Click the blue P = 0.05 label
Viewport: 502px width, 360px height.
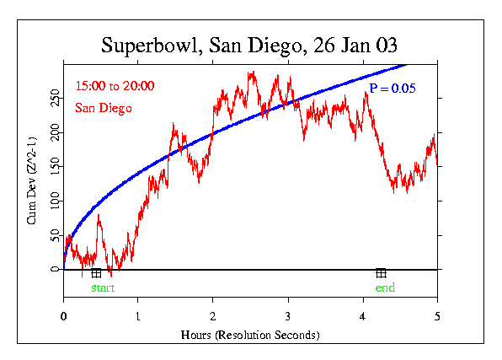pyautogui.click(x=393, y=88)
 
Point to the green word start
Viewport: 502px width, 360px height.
pyautogui.click(x=102, y=288)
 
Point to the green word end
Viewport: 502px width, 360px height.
pyautogui.click(x=384, y=288)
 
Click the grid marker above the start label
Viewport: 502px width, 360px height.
pyautogui.click(x=96, y=273)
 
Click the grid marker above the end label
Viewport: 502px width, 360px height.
pyautogui.click(x=381, y=273)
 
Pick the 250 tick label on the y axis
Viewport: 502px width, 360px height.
pyautogui.click(x=56, y=99)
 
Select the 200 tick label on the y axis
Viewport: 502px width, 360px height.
pyautogui.click(x=56, y=133)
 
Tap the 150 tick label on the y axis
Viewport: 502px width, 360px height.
pyautogui.click(x=56, y=167)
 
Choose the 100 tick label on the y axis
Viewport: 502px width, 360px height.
pyautogui.click(x=56, y=201)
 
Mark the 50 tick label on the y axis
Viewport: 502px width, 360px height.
pyautogui.click(x=56, y=234)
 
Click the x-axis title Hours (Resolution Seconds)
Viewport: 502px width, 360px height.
pyautogui.click(x=250, y=335)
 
